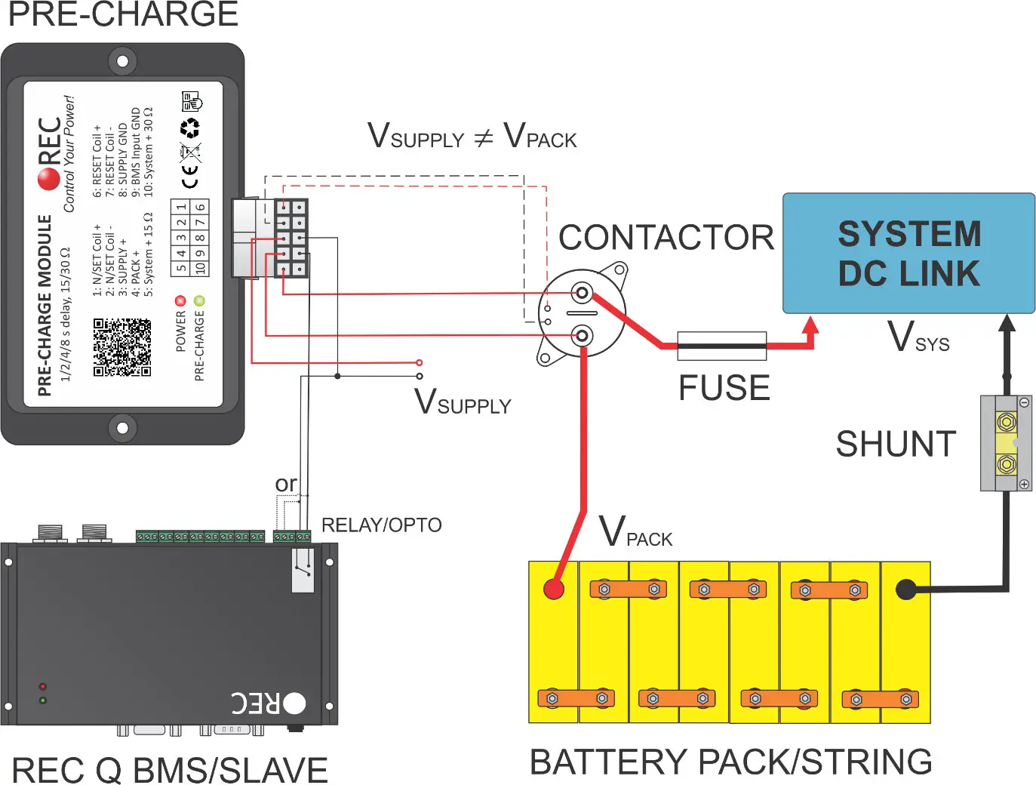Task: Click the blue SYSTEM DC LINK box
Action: pos(908,253)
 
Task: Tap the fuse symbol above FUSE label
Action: pos(721,346)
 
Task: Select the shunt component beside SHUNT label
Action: pos(1006,443)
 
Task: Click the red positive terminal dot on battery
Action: pos(554,589)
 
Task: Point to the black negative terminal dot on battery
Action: pos(905,590)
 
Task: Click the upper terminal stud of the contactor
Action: pos(582,292)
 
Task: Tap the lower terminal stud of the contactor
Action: pos(582,335)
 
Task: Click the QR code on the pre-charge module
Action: pos(122,347)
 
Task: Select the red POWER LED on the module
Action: pos(180,300)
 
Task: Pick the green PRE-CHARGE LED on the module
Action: pos(199,300)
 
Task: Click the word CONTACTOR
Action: pos(666,238)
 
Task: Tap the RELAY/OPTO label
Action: pos(381,525)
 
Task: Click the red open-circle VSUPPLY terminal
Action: pos(420,363)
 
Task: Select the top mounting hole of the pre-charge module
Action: pos(122,60)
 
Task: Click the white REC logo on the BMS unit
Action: pos(269,703)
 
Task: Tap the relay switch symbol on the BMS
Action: pos(303,570)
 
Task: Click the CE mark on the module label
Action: pos(190,178)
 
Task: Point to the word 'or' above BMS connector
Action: pos(286,483)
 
